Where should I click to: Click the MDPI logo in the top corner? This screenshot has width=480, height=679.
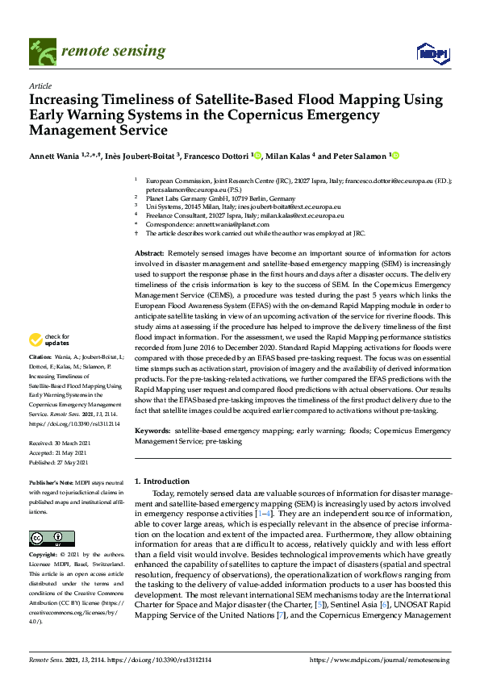click(432, 53)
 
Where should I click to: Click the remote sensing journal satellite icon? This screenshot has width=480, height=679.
click(40, 52)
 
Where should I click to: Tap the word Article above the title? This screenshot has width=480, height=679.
click(40, 85)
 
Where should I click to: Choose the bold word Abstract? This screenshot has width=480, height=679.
click(151, 254)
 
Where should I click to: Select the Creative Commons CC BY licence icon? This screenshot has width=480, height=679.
click(52, 538)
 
